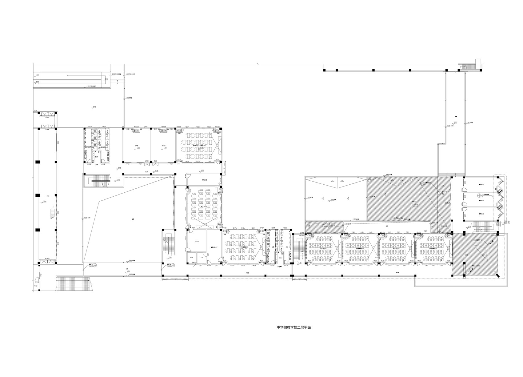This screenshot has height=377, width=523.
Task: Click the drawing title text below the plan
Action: click(294, 328)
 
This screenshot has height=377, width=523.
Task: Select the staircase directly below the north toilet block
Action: click(99, 180)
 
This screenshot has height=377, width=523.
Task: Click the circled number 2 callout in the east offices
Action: click(479, 195)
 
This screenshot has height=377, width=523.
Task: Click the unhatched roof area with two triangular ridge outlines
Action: click(335, 199)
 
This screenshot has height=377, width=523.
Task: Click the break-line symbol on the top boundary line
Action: click(258, 64)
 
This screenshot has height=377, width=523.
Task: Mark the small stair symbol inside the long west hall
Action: click(52, 212)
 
